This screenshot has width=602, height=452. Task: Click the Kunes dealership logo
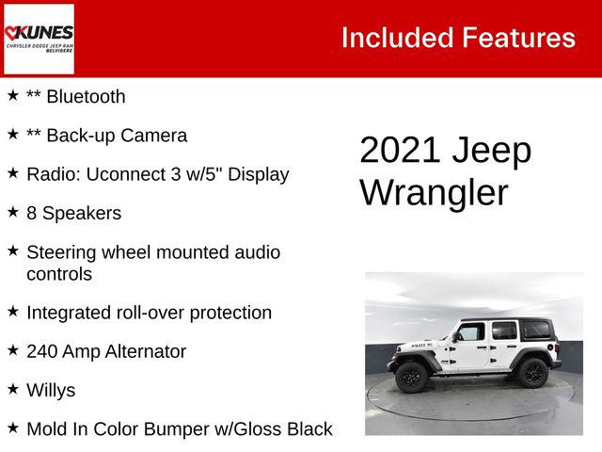[x=39, y=38]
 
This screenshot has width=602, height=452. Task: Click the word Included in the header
[x=396, y=38]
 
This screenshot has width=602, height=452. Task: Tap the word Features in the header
[x=518, y=38]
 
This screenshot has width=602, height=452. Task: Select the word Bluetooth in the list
[x=85, y=97]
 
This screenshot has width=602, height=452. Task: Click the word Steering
[x=62, y=252]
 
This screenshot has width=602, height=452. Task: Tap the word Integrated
[x=71, y=313]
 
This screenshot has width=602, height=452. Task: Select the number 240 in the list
[x=43, y=352]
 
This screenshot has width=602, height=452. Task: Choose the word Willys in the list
[x=51, y=391]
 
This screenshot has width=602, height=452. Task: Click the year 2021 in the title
[x=400, y=151]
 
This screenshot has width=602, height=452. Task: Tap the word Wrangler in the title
[x=434, y=193]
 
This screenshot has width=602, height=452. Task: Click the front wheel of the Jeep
[x=411, y=376]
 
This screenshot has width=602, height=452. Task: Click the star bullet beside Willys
[x=13, y=388]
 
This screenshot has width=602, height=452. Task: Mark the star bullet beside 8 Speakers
[x=13, y=212]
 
